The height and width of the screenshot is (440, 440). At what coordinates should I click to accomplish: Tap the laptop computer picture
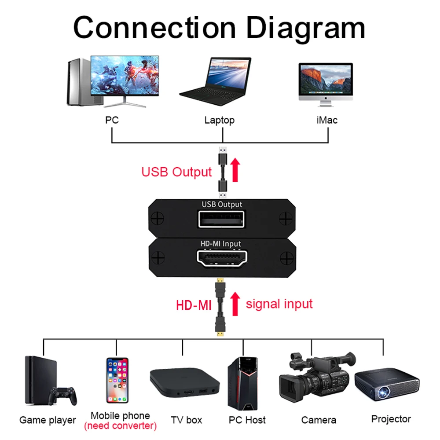click(216, 84)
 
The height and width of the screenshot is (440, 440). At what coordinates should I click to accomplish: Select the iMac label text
click(326, 120)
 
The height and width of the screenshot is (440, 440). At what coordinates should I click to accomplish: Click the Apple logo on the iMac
click(326, 100)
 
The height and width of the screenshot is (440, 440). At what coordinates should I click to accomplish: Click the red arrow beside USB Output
click(235, 170)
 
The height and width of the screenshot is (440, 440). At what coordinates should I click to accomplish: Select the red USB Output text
click(176, 172)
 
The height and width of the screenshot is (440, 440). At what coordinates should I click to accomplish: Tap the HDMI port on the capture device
click(222, 259)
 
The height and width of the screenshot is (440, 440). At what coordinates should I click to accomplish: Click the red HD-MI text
click(194, 305)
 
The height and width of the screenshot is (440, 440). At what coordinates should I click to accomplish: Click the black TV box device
click(184, 382)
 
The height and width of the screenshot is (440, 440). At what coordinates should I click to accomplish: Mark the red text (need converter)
click(120, 425)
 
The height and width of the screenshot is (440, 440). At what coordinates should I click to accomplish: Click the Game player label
click(48, 420)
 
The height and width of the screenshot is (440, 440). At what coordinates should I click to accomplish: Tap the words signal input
click(279, 304)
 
